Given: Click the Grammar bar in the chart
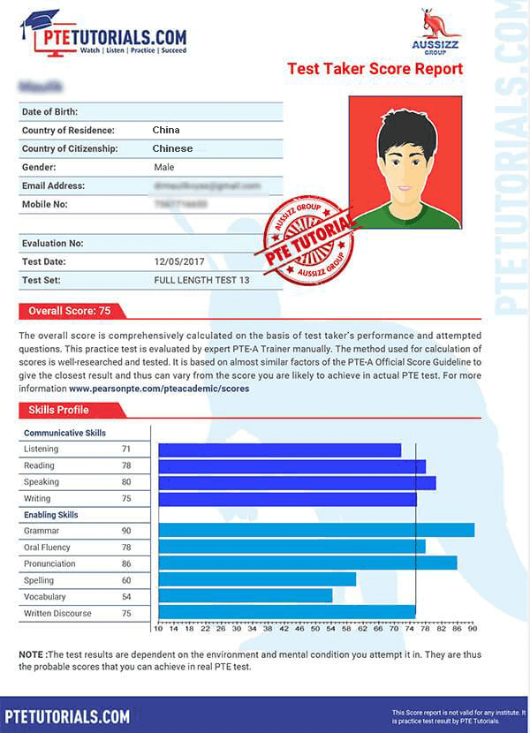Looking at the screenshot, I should [x=315, y=530].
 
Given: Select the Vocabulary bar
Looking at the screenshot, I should [x=245, y=595].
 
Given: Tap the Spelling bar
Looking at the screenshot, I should [x=256, y=579].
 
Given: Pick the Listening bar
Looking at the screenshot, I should [x=279, y=450].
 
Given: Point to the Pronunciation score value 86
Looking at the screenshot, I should [x=126, y=563].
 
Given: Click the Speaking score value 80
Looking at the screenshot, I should [x=126, y=482].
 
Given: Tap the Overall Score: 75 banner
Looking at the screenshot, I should [x=70, y=311].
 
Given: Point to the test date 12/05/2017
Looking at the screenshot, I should [x=179, y=262].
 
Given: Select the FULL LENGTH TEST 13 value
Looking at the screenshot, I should [x=202, y=280].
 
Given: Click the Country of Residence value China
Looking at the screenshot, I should [x=166, y=131].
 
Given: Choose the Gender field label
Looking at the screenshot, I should [x=39, y=167].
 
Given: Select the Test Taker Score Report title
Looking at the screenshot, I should [x=375, y=69].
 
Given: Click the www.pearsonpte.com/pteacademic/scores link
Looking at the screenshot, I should [x=159, y=388].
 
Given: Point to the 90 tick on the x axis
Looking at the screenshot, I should [x=473, y=629].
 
